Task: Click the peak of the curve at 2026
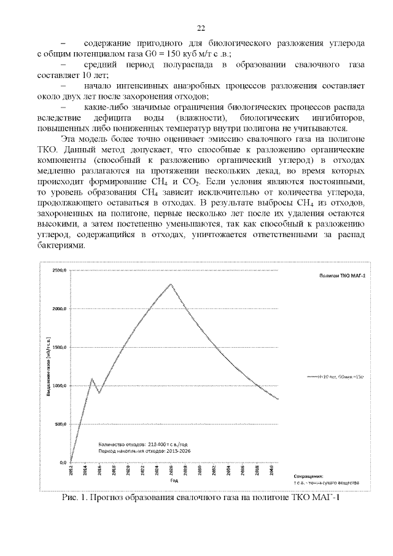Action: coord(171,284)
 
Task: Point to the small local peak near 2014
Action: coord(91,378)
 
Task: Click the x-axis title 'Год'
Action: coord(174,480)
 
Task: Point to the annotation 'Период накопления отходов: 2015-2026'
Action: coord(139,450)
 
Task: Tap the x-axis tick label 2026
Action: coord(171,471)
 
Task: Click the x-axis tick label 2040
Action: coord(271,471)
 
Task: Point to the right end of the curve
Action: coord(278,399)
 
